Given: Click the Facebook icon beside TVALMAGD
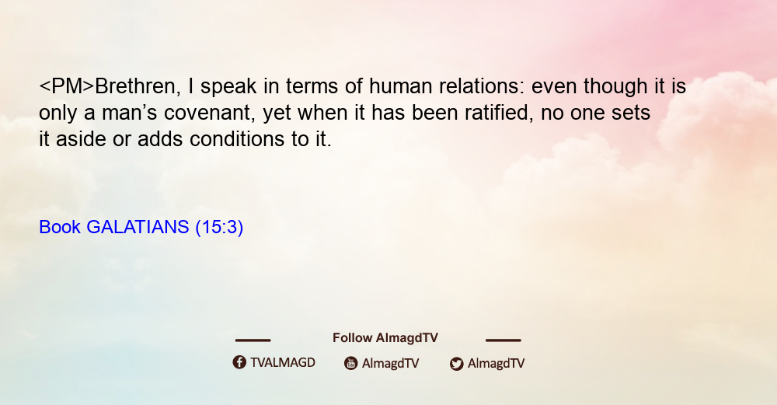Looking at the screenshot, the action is click(x=239, y=362).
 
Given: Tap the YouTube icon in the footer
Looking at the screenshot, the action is click(x=351, y=363).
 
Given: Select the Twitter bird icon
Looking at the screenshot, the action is click(x=456, y=364).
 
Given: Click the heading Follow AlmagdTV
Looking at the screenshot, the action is click(x=385, y=338).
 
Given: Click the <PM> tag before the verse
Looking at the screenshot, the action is click(x=66, y=86).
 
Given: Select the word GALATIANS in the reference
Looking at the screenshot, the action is click(x=138, y=227).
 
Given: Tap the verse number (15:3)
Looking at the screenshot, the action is click(x=220, y=227).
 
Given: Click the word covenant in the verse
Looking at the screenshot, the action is click(x=210, y=113).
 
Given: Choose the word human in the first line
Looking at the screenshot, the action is click(x=400, y=86).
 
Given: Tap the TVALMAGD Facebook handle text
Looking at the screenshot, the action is click(x=283, y=362).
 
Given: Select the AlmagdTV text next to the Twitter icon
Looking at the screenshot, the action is click(x=496, y=363).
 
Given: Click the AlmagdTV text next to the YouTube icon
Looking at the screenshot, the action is click(x=391, y=363).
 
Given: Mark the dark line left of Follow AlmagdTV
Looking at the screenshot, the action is click(x=253, y=340).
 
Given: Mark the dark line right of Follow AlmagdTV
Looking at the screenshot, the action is click(x=503, y=340).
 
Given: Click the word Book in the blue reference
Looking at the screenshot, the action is click(x=60, y=227).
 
